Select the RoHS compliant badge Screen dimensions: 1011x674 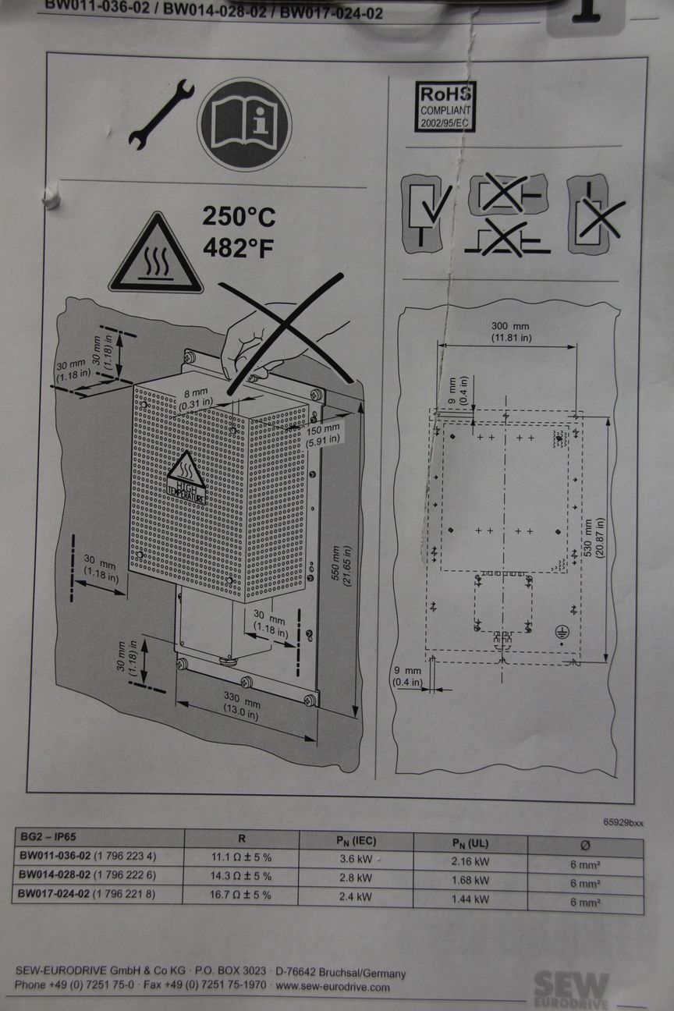pyautogui.click(x=445, y=106)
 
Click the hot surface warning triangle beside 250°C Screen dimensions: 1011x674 pyautogui.click(x=156, y=256)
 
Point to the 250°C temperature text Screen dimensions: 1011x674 pyautogui.click(x=239, y=216)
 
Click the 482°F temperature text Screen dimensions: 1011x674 pyautogui.click(x=239, y=247)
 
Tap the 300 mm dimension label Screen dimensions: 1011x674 pyautogui.click(x=510, y=331)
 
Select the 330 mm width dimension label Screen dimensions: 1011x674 pyautogui.click(x=242, y=706)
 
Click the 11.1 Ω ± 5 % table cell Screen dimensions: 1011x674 pyautogui.click(x=241, y=857)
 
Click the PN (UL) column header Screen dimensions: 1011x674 pyautogui.click(x=470, y=842)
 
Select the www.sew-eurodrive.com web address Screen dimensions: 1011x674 pyautogui.click(x=332, y=987)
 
